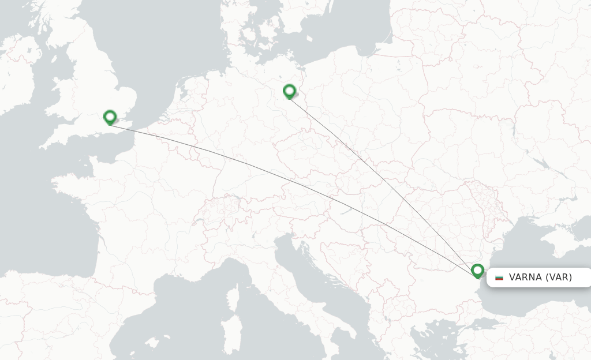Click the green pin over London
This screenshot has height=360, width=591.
tap(110, 117)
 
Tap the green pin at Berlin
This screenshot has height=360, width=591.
tap(289, 91)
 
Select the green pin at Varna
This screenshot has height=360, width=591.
tap(477, 270)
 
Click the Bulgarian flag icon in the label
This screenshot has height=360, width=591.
tap(499, 277)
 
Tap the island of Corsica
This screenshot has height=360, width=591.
tap(233, 298)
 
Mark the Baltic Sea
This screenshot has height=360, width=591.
tap(346, 29)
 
